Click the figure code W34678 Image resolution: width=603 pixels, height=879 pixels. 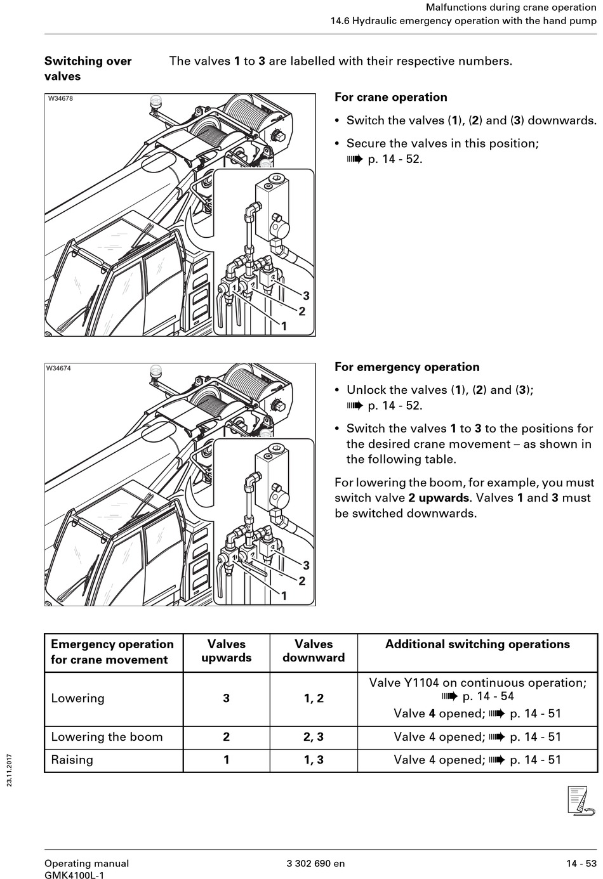60,98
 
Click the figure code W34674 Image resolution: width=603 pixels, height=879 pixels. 58,368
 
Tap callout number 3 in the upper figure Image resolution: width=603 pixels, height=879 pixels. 307,296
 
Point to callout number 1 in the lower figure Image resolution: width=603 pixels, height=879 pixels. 284,596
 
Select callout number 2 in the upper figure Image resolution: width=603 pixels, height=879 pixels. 302,311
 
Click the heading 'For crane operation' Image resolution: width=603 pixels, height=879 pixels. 391,97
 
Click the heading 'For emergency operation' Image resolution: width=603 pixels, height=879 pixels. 407,367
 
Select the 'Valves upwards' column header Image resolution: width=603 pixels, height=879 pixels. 226,651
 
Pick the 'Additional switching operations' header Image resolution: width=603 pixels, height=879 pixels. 477,644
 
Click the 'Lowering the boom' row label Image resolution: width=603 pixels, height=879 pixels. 107,736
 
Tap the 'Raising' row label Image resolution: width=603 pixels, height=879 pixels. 72,760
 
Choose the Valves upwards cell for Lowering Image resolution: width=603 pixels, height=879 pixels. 226,698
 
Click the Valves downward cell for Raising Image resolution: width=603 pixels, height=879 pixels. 314,760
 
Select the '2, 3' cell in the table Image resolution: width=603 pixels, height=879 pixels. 314,736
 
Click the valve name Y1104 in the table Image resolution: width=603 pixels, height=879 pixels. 421,683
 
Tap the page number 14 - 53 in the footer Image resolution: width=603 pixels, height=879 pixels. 581,863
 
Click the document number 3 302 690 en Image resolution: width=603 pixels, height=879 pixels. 316,863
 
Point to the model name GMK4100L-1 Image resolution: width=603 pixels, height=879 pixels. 74,875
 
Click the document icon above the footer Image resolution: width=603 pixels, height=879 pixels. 580,800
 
